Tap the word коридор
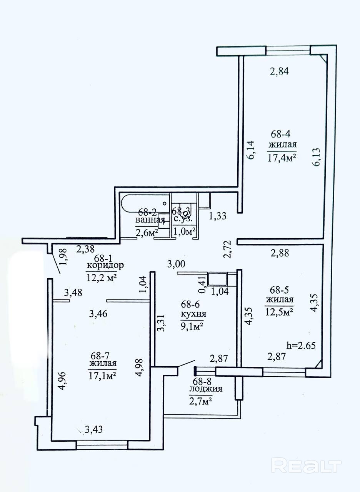point(105,266)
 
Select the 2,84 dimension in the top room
point(279,71)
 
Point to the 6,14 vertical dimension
point(251,150)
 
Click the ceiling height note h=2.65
point(301,346)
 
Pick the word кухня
point(193,314)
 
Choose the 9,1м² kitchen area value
point(192,327)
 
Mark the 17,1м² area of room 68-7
point(102,376)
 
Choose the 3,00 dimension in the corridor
point(176,264)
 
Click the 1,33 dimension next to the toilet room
point(217,216)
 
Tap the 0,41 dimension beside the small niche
point(202,285)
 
